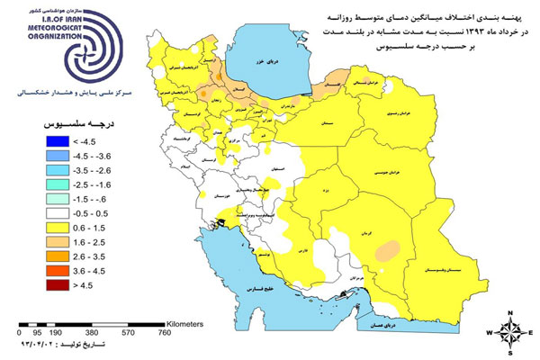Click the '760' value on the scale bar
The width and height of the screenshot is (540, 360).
point(165,331)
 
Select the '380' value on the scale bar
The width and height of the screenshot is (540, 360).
point(86,331)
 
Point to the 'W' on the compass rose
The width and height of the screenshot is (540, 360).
point(490,332)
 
